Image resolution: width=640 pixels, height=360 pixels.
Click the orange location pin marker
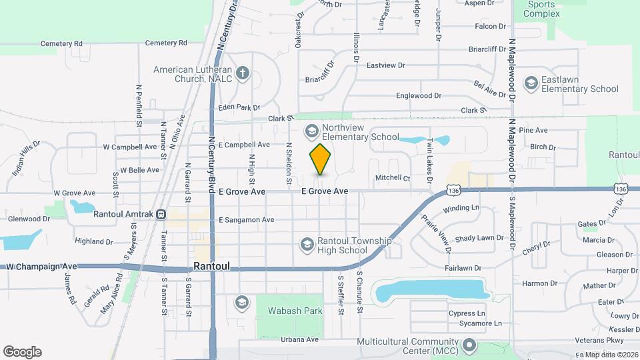click(320, 159)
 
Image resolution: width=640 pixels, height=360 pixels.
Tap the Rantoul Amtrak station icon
click(161, 214)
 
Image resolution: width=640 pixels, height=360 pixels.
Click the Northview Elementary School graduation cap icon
click(311, 131)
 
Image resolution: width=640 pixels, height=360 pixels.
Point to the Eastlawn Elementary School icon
click(531, 83)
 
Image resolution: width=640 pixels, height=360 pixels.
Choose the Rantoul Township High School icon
click(307, 245)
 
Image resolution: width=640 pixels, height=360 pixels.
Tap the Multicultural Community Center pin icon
click(469, 345)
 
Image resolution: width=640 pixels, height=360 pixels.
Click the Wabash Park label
click(295, 311)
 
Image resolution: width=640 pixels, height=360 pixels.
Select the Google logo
click(22, 351)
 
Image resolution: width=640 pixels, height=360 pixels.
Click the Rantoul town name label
click(211, 266)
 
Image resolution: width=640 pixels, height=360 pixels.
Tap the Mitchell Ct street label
click(392, 178)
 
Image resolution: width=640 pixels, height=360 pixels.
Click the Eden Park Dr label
click(239, 107)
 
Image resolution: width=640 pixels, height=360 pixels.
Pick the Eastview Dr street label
click(386, 65)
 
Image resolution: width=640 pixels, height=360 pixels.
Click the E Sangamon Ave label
click(246, 219)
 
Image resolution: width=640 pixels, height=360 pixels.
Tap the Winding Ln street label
click(461, 208)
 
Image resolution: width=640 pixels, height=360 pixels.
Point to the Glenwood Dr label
click(29, 218)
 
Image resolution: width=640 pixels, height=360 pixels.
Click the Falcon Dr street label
click(491, 26)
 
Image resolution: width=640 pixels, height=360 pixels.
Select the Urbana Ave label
click(299, 339)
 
